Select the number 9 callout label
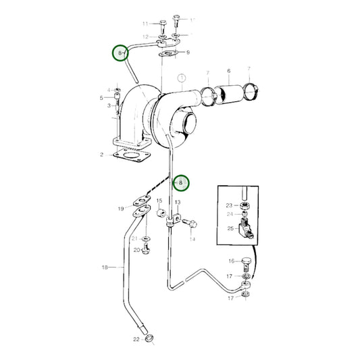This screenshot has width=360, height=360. tap(188, 52)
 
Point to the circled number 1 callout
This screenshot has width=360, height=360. tap(181, 79)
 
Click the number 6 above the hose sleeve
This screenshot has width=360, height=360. tap(228, 71)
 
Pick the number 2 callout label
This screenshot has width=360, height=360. tap(101, 155)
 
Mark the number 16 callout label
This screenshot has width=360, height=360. tap(231, 261)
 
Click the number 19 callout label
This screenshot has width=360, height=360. tap(121, 209)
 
